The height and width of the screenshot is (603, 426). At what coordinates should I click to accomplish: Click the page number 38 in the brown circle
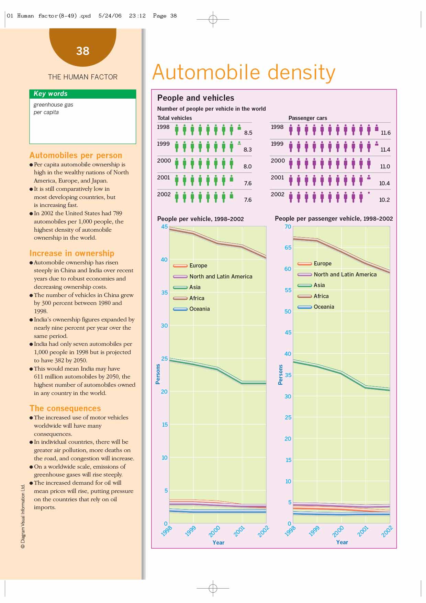click(x=82, y=51)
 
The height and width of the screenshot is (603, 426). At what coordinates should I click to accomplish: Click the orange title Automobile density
click(x=244, y=73)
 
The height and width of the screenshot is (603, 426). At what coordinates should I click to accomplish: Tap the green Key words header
click(x=51, y=94)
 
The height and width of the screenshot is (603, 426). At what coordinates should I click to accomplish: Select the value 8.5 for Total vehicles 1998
click(x=248, y=133)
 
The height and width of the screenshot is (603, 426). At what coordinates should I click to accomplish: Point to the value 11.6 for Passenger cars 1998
click(x=385, y=133)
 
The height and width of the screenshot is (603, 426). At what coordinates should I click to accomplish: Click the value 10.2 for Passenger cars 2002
click(x=384, y=200)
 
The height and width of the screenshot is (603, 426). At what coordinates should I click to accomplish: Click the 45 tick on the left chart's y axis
click(x=165, y=227)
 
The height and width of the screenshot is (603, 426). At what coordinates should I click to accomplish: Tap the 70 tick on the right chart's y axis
click(x=288, y=227)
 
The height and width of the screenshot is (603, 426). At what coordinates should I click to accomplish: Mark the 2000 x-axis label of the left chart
click(x=214, y=531)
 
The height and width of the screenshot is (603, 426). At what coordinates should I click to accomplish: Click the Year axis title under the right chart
click(x=342, y=542)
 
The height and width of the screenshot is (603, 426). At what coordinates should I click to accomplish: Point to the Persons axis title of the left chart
click(x=158, y=374)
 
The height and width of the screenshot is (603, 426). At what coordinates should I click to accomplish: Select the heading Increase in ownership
click(x=72, y=253)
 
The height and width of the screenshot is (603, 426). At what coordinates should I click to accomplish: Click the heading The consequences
click(x=65, y=408)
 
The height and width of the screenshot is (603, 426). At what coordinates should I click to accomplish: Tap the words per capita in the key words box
click(x=46, y=112)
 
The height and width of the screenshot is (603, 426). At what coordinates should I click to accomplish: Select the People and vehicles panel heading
click(x=195, y=98)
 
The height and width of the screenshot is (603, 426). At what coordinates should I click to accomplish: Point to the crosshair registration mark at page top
click(x=213, y=19)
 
